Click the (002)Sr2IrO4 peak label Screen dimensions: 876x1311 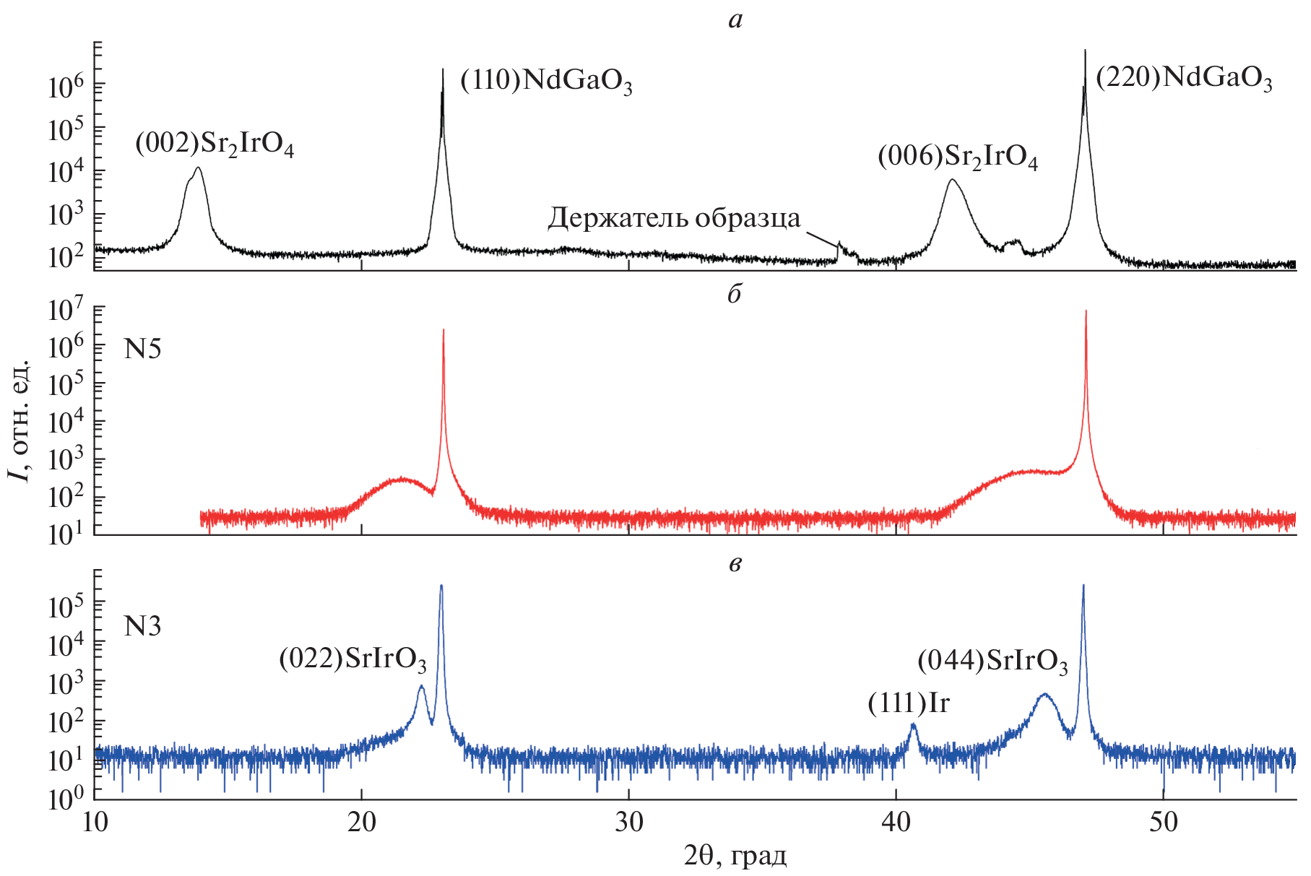point(215,144)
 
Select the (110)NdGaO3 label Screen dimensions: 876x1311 point(546,81)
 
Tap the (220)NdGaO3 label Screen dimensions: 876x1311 point(1184,78)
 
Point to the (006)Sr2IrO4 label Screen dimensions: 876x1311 point(958,157)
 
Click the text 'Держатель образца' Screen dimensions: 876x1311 point(674,218)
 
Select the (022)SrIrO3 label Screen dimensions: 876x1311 point(352,659)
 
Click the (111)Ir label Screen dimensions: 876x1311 point(909,703)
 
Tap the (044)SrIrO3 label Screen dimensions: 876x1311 point(992,661)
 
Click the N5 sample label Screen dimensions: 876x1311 point(142,350)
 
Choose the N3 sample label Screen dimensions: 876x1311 point(142,626)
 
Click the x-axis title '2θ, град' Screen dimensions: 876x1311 point(735,857)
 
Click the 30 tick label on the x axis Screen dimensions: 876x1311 point(628,822)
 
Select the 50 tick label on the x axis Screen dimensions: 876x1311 point(1163,822)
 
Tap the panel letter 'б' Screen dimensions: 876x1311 point(735,294)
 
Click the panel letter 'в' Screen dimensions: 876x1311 point(735,564)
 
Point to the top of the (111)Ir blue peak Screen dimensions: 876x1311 point(914,724)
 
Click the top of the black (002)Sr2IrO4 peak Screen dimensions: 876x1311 point(197,168)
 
